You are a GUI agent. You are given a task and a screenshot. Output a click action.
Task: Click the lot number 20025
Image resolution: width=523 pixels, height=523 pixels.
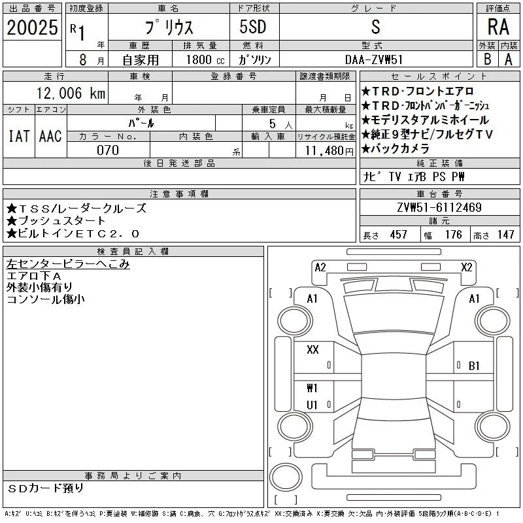point(32,27)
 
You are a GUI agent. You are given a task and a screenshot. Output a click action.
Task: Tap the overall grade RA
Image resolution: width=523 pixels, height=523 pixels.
point(498,27)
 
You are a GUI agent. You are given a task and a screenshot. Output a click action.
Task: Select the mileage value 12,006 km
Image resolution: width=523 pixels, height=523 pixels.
point(71,93)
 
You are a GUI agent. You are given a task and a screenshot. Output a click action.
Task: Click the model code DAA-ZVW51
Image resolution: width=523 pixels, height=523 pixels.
point(374,59)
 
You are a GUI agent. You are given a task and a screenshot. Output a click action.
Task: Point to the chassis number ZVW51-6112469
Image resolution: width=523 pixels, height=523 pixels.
point(439,207)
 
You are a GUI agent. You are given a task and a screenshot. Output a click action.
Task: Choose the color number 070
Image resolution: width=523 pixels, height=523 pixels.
point(108,150)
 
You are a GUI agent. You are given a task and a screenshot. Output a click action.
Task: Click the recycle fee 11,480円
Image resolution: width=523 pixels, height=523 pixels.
point(329,151)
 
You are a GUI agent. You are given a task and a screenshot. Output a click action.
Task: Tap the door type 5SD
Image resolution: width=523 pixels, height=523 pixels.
point(253,27)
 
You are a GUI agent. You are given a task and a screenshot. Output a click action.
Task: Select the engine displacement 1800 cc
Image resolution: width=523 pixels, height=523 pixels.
point(205,59)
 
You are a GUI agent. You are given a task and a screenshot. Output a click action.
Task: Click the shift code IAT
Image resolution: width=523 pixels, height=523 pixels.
point(19,136)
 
